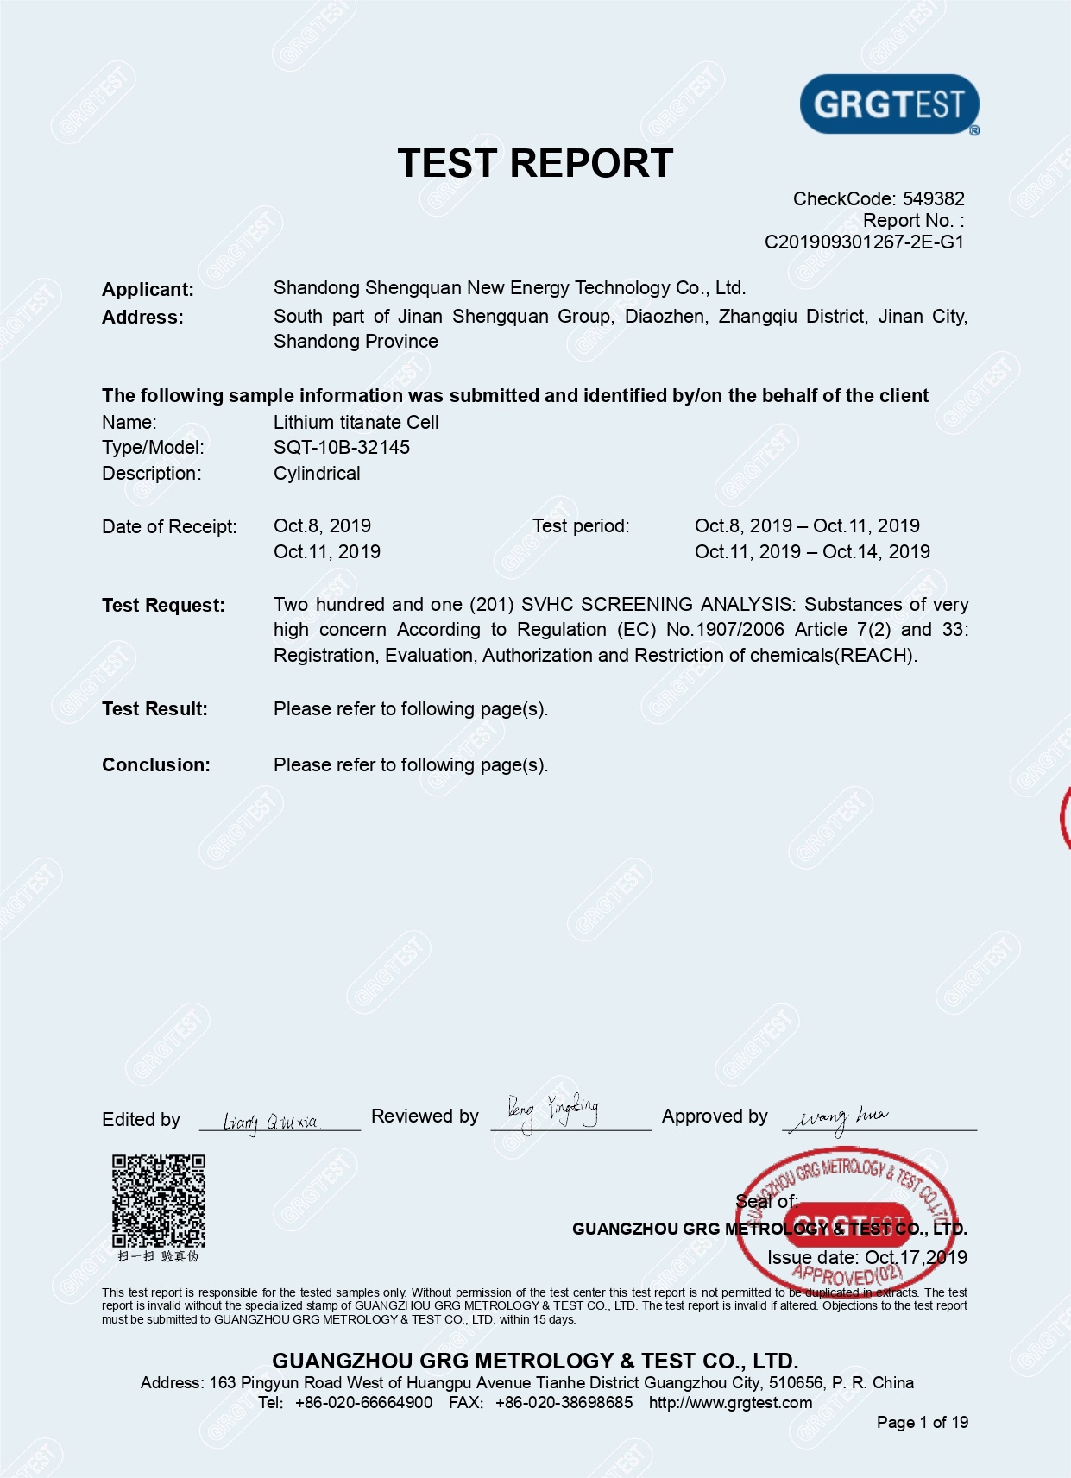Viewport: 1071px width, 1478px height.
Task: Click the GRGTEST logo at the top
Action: pyautogui.click(x=890, y=104)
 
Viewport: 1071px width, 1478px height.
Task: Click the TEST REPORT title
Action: pyautogui.click(x=535, y=163)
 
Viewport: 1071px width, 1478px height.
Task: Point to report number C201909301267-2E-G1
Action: pyautogui.click(x=864, y=242)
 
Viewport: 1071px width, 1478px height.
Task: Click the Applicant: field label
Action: pyautogui.click(x=148, y=290)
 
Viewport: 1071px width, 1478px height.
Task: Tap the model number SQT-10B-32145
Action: pyautogui.click(x=342, y=448)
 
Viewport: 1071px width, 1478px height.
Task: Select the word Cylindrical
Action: pyautogui.click(x=317, y=474)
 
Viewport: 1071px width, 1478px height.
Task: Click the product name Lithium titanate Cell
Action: pyautogui.click(x=356, y=423)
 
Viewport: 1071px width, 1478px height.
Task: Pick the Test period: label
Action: pyautogui.click(x=581, y=526)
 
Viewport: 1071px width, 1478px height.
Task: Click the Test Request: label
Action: pyautogui.click(x=163, y=606)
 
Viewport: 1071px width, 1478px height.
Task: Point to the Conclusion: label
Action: pyautogui.click(x=156, y=765)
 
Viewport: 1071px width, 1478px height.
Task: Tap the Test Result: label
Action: pyautogui.click(x=154, y=709)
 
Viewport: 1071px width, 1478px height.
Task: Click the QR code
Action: pyautogui.click(x=159, y=1201)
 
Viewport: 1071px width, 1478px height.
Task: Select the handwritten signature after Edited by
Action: pyautogui.click(x=271, y=1122)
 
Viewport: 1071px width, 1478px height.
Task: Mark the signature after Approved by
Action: pyautogui.click(x=837, y=1118)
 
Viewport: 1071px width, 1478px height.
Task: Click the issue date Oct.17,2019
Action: pyautogui.click(x=916, y=1258)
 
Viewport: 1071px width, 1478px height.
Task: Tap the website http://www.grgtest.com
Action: pyautogui.click(x=730, y=1403)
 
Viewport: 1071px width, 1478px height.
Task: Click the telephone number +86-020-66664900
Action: pyautogui.click(x=363, y=1403)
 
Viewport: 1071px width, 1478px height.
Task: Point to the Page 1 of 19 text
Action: pyautogui.click(x=922, y=1423)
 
